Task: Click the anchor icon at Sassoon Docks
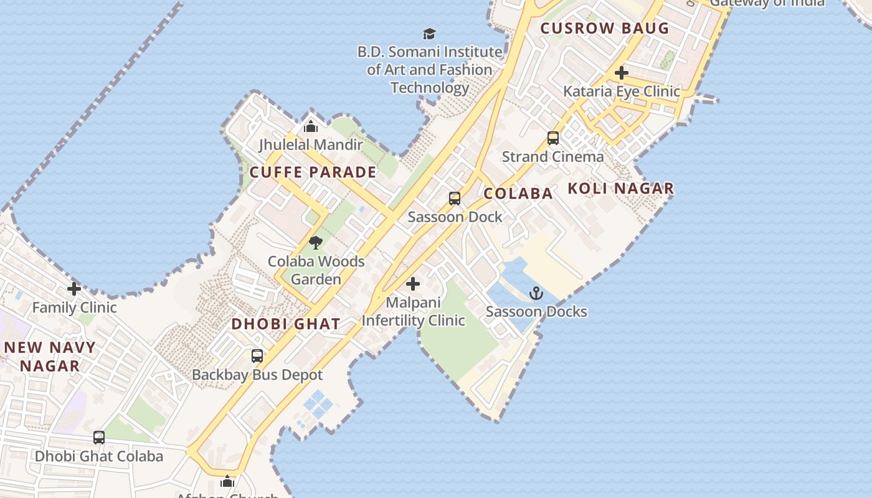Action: click(536, 293)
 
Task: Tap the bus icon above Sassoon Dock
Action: click(455, 199)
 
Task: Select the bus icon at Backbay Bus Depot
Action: click(257, 356)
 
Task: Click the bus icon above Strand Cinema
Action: click(553, 138)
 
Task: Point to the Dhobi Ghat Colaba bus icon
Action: click(99, 438)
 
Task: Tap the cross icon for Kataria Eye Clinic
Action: click(621, 73)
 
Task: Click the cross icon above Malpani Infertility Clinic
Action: click(412, 284)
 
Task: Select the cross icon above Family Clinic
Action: click(74, 289)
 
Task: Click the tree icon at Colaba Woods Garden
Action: click(316, 243)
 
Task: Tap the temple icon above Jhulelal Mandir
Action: click(311, 127)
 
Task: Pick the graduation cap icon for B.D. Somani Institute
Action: click(429, 34)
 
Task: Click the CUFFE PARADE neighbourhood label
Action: click(313, 172)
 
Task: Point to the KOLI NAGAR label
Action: click(621, 189)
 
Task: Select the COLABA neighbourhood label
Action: click(518, 194)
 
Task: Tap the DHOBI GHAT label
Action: click(286, 324)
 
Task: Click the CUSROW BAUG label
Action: click(604, 28)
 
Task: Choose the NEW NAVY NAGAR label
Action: click(50, 357)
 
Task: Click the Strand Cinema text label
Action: click(552, 157)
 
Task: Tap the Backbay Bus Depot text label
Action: click(257, 375)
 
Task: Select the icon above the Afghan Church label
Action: click(227, 481)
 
